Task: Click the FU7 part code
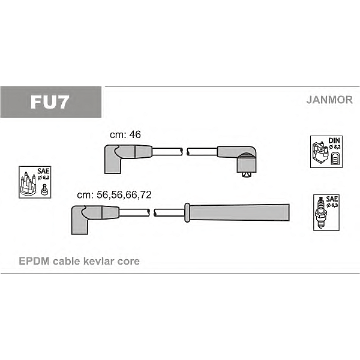49,102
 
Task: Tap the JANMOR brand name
329,100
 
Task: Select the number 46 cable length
135,134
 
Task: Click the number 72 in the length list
146,194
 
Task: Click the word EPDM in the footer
34,261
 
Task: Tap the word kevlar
98,261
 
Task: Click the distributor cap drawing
28,184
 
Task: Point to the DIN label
334,140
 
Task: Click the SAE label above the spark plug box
332,199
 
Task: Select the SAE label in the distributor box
43,171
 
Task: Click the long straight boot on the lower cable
239,212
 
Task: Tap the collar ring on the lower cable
187,212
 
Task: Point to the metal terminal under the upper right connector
247,175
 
